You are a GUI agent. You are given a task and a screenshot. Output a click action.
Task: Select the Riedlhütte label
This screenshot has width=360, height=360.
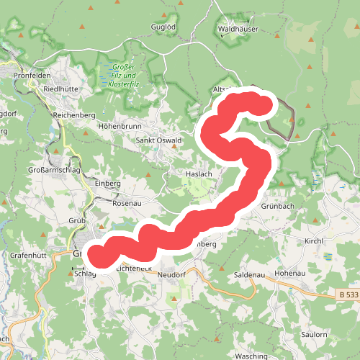click(60, 89)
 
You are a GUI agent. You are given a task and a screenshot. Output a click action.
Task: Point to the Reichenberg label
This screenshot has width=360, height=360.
click(74, 115)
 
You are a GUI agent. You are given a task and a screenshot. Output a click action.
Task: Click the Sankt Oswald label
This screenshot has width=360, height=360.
click(160, 140)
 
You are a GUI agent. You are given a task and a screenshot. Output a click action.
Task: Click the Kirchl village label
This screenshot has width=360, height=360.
click(317, 241)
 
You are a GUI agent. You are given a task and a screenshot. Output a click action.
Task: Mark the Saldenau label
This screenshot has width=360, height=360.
click(251, 276)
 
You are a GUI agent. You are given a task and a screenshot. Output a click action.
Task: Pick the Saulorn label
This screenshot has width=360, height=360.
click(315, 335)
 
